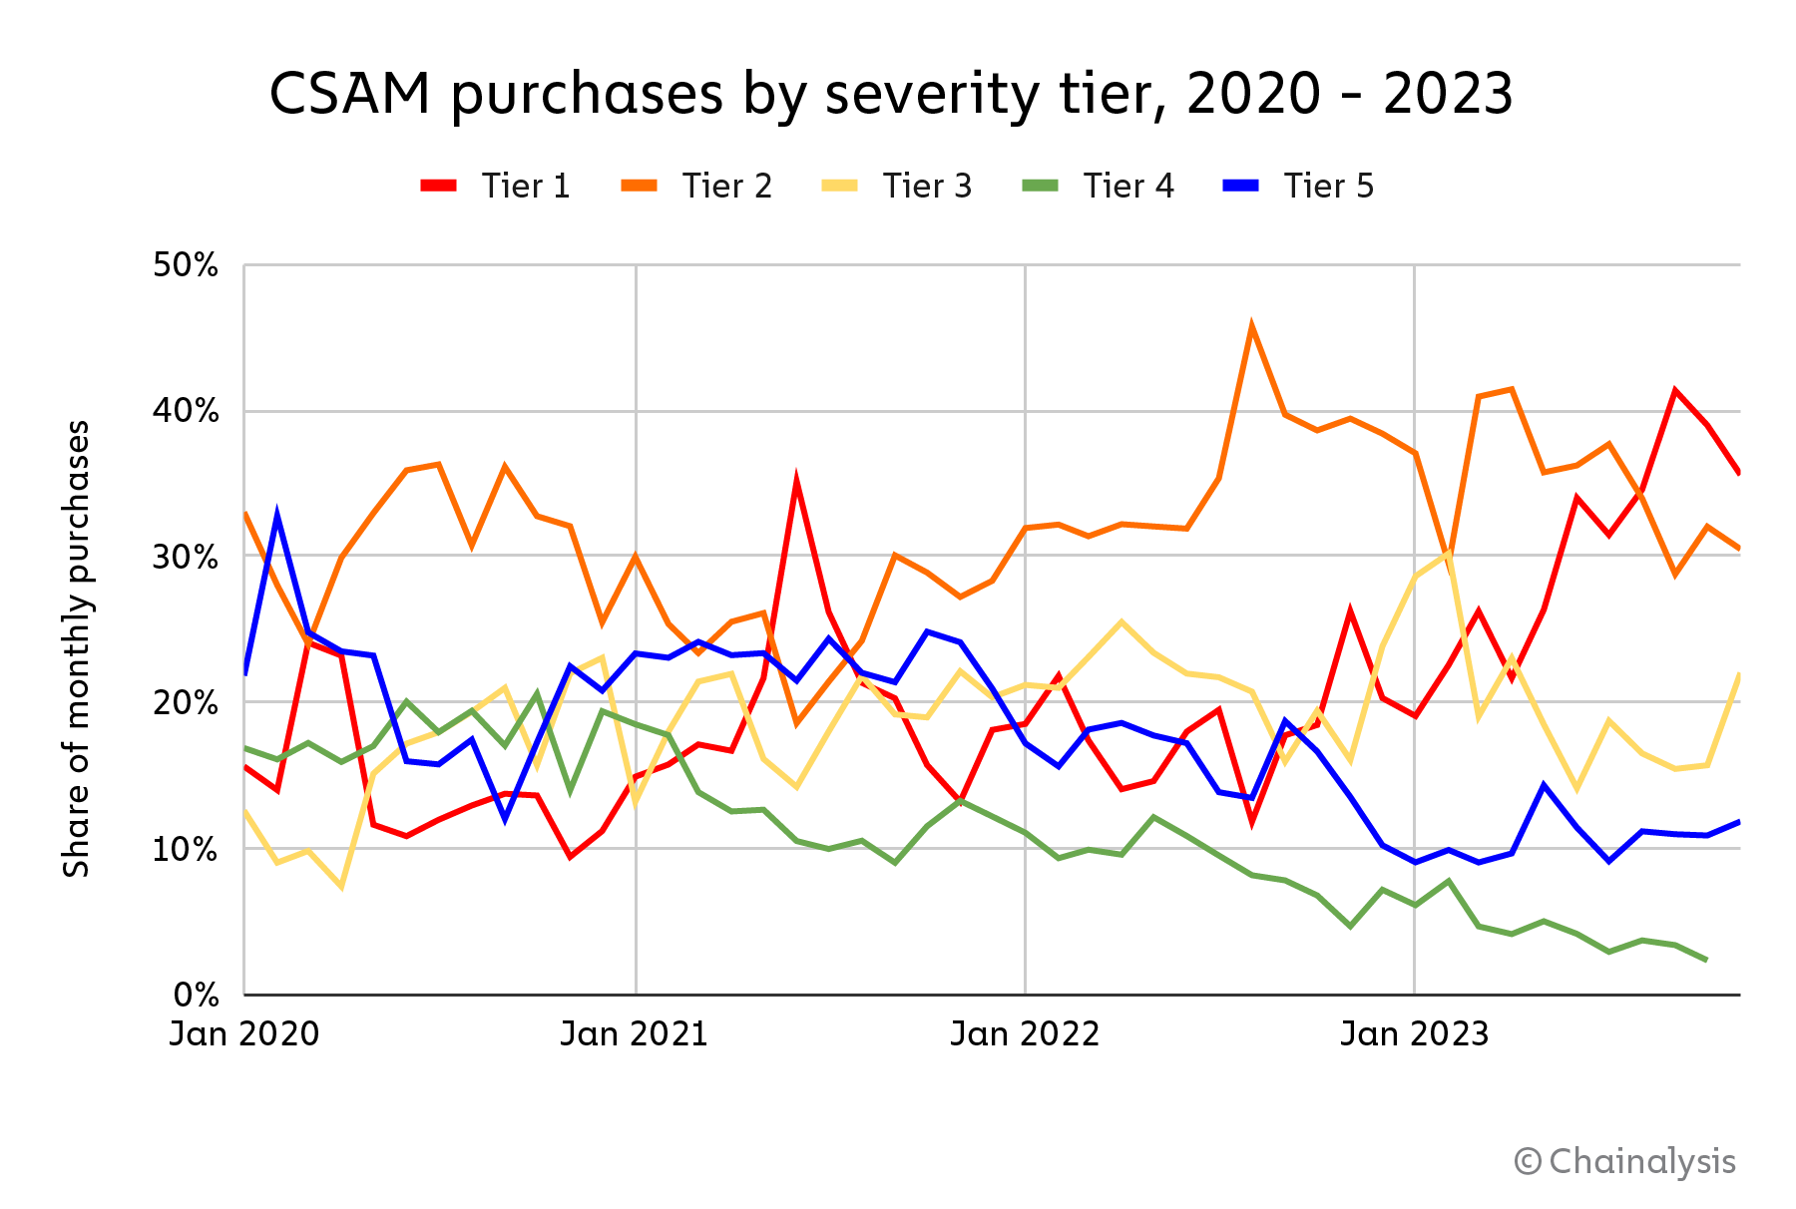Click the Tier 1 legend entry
tap(496, 187)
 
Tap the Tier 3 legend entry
tap(897, 187)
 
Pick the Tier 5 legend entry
tap(1299, 187)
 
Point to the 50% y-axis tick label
tap(186, 265)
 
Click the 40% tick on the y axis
tap(186, 411)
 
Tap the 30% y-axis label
tap(186, 557)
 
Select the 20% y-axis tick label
tap(186, 702)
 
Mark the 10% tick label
tap(186, 849)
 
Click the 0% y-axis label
tap(196, 995)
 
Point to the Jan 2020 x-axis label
tap(244, 1034)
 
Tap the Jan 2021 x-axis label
tap(635, 1034)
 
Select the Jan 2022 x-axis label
tap(1025, 1034)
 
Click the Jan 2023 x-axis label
tap(1415, 1034)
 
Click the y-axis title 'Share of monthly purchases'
tap(77, 648)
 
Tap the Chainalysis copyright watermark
tap(1625, 1162)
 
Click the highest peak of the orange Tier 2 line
tap(1251, 326)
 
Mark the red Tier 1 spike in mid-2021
tap(796, 482)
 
